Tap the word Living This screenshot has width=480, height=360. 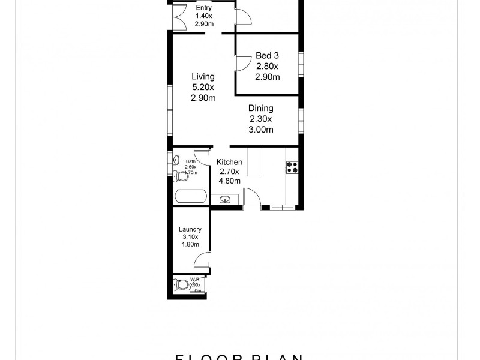[202, 77]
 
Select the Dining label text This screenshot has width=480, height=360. [261, 109]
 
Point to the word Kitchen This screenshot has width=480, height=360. [229, 162]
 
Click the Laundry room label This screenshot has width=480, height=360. [190, 229]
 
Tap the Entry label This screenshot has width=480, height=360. [203, 7]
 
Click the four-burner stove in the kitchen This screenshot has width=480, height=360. [292, 167]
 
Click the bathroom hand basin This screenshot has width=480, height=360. [176, 160]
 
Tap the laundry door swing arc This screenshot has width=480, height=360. [202, 259]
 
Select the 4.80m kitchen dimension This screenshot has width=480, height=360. [229, 181]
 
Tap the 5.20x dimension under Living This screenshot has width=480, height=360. [203, 88]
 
